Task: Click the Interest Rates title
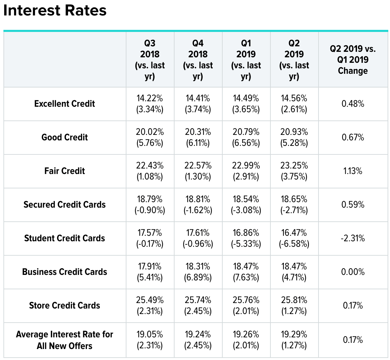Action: [55, 11]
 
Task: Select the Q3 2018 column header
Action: [150, 59]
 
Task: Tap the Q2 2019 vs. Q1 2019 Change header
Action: [353, 59]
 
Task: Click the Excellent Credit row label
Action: [65, 104]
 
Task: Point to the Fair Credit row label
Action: [65, 171]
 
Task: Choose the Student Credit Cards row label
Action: [65, 238]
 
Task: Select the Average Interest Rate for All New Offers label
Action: [65, 340]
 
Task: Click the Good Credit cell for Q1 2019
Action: [246, 137]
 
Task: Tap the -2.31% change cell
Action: [353, 238]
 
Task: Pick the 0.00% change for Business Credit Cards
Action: [353, 272]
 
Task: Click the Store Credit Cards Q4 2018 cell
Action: [198, 305]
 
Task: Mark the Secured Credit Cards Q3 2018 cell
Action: [150, 205]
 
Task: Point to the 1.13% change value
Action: [353, 171]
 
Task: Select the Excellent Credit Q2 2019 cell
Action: [294, 104]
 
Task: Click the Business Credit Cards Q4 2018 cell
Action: [198, 272]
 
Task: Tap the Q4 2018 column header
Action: [198, 59]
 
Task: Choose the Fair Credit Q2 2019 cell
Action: [294, 171]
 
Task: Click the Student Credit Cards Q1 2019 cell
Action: [246, 238]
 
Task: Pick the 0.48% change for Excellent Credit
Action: [353, 104]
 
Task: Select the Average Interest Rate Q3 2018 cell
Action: [150, 340]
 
